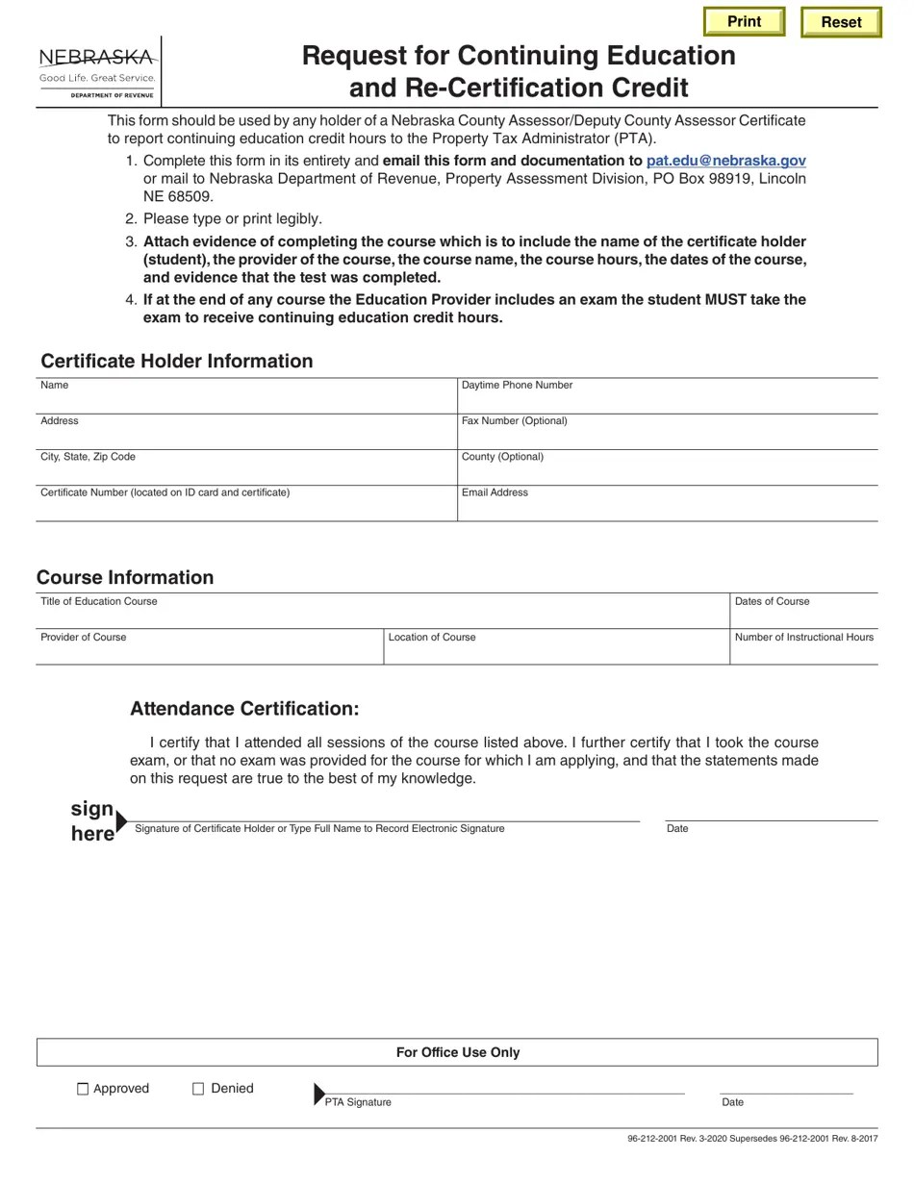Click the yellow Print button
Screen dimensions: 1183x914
pyautogui.click(x=744, y=21)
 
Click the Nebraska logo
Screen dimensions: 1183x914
pyautogui.click(x=96, y=70)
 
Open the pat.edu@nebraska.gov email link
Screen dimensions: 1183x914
pyautogui.click(x=725, y=161)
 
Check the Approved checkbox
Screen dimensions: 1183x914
pyautogui.click(x=83, y=1089)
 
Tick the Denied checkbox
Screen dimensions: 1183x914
pyautogui.click(x=198, y=1089)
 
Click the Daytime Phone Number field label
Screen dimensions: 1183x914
pyautogui.click(x=517, y=385)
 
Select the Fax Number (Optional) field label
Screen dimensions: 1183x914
pyautogui.click(x=514, y=420)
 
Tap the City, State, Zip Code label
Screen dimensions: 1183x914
pyautogui.click(x=88, y=457)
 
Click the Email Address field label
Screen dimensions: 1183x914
pyautogui.click(x=495, y=492)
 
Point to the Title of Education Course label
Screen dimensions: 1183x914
pyautogui.click(x=98, y=601)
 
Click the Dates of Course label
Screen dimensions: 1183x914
pyautogui.click(x=772, y=601)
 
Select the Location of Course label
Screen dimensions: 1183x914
pyautogui.click(x=431, y=637)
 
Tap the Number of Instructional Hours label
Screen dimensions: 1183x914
pyautogui.click(x=803, y=637)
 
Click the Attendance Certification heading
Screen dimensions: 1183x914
pyautogui.click(x=244, y=709)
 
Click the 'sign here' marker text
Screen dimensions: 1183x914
pyautogui.click(x=92, y=820)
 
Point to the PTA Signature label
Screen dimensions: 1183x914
pyautogui.click(x=358, y=1102)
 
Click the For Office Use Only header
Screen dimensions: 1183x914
pyautogui.click(x=458, y=1052)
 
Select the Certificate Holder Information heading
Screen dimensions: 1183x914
pyautogui.click(x=176, y=361)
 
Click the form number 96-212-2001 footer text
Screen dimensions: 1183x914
pyautogui.click(x=751, y=1139)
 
